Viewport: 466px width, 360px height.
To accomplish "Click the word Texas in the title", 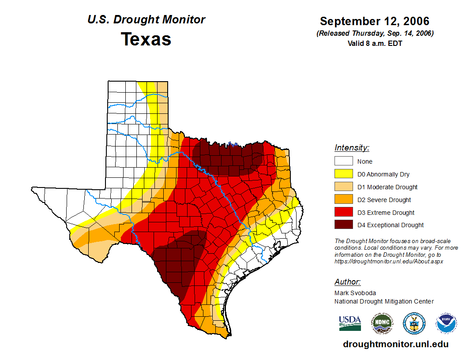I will [146, 39].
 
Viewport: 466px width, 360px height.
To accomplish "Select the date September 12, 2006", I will [374, 21].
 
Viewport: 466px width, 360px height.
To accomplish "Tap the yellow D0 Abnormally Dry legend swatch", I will [343, 174].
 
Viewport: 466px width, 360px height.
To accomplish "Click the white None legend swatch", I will [343, 161].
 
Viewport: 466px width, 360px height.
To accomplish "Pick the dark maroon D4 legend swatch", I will [343, 225].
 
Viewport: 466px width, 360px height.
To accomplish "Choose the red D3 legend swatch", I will [343, 212].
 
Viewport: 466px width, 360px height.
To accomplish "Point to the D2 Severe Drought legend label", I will [384, 200].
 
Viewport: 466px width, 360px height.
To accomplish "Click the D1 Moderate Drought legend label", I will [387, 187].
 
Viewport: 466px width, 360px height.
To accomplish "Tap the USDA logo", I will [350, 323].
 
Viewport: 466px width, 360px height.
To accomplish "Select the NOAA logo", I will [446, 323].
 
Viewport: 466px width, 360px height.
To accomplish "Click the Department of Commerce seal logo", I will [414, 323].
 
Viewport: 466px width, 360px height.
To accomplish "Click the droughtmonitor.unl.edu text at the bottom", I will [395, 345].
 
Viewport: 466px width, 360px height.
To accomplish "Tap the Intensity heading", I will [352, 148].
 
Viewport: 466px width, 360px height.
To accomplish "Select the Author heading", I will [347, 282].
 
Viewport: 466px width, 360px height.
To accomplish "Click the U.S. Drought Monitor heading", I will [146, 20].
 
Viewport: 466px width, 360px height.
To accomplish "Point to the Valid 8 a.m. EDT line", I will [375, 43].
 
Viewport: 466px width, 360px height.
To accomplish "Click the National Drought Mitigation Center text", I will [384, 301].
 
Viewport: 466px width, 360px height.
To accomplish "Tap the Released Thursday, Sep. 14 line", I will [375, 34].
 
